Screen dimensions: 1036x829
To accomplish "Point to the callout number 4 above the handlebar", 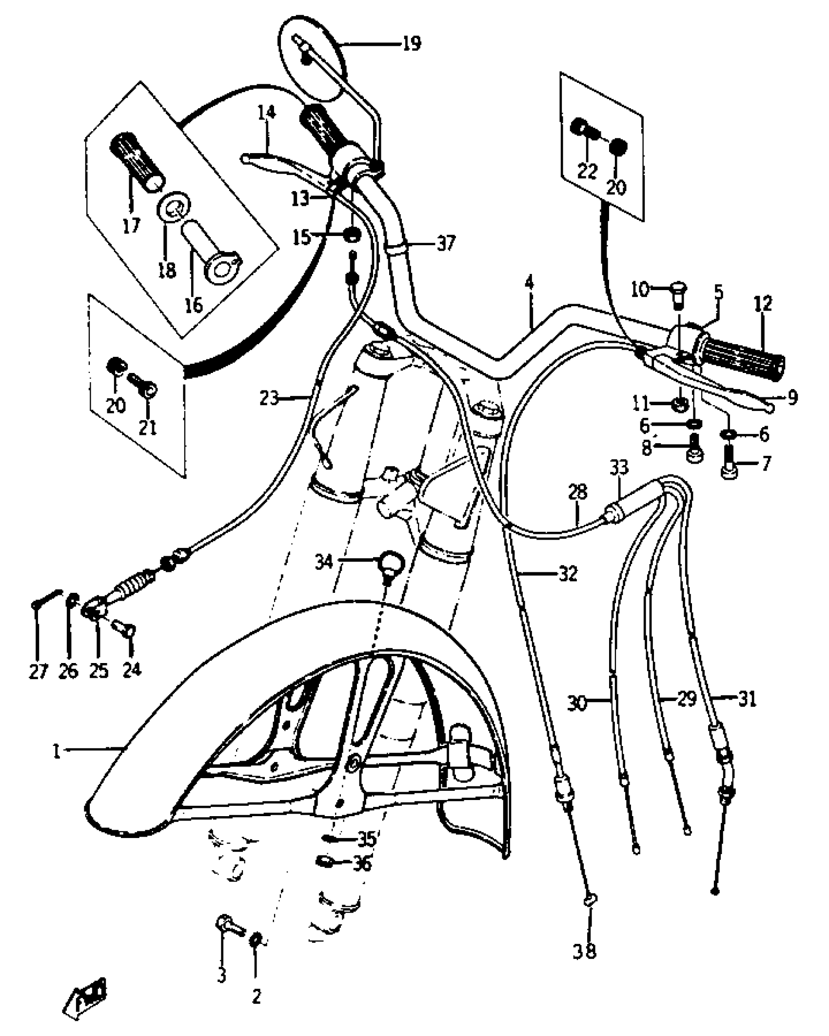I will click(x=530, y=283).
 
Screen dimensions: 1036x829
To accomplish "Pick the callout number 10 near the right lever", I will click(x=640, y=291).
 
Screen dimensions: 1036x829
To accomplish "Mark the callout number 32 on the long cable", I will click(x=568, y=574).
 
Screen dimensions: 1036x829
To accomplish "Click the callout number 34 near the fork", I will click(x=323, y=562).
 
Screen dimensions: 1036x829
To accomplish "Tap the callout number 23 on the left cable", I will click(x=269, y=398).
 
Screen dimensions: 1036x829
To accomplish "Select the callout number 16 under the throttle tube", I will click(x=193, y=305).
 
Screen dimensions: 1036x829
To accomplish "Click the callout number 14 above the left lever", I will click(x=267, y=113).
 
